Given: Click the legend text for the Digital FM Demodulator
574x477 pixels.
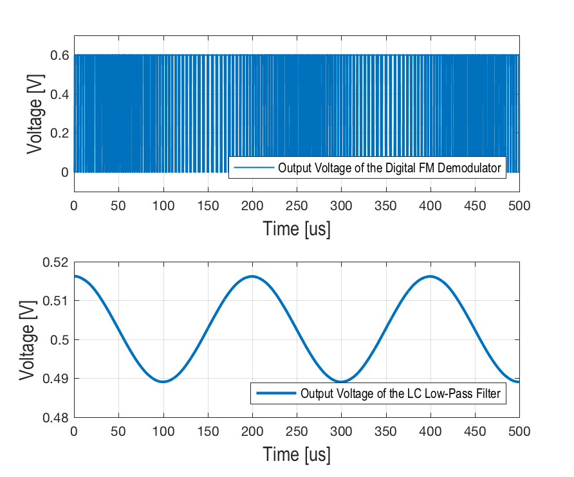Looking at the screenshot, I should (x=389, y=169).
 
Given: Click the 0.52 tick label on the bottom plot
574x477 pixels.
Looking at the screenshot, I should (x=55, y=262).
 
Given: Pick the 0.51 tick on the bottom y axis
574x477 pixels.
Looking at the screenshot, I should (x=55, y=301).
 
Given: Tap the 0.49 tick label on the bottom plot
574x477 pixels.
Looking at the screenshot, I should (x=55, y=379).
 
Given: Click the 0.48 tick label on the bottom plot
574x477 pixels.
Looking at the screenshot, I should (x=55, y=417).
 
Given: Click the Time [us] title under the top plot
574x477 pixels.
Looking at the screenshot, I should (x=297, y=228).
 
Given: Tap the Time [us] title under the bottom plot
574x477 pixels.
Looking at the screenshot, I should (x=297, y=454).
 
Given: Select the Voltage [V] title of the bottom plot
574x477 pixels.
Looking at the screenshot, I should (x=27, y=340).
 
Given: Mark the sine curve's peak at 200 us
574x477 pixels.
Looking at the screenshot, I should (x=252, y=276).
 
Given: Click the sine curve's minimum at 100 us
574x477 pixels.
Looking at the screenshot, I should (x=163, y=382).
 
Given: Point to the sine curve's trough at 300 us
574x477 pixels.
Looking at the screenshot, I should (x=341, y=382).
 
